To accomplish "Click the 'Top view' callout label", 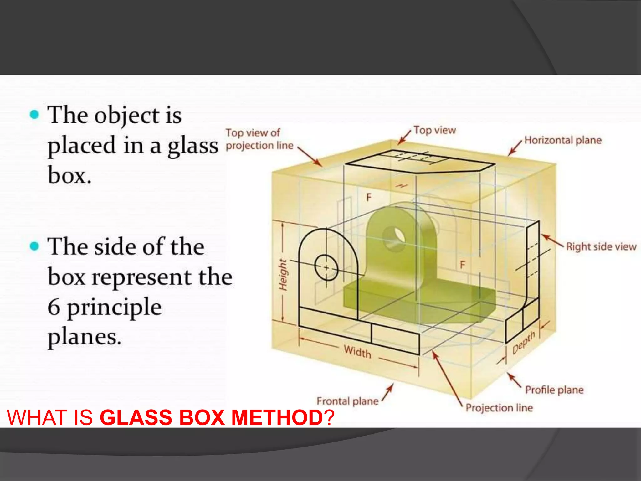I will (434, 130).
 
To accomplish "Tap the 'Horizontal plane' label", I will (563, 140).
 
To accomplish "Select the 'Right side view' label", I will (601, 247).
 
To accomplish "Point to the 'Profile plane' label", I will (554, 390).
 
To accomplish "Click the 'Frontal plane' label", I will (347, 401).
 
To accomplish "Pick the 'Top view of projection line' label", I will (259, 139).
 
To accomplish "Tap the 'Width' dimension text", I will (357, 352).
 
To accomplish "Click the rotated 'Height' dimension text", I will (283, 275).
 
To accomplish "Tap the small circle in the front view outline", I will (326, 268).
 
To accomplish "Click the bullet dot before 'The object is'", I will (34, 114).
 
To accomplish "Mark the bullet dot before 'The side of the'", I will (34, 246).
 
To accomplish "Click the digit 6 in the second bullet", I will (54, 307).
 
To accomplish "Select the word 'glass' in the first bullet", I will (192, 146).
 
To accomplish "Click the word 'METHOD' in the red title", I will (277, 417).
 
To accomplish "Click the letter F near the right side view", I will (463, 265).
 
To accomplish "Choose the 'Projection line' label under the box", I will (499, 408).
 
